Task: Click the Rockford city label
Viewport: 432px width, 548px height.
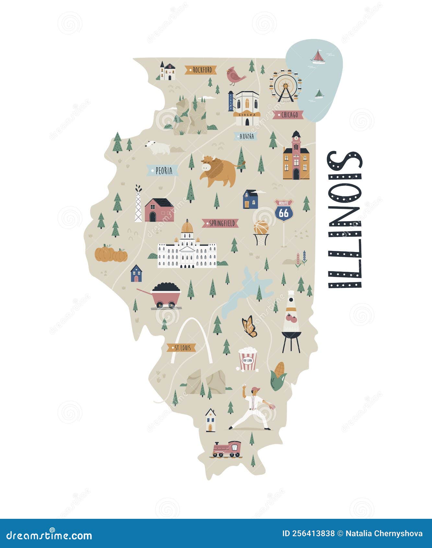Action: point(201,70)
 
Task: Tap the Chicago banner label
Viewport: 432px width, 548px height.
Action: point(288,114)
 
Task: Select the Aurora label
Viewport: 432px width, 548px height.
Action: point(246,136)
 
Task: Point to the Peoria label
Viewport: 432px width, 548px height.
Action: point(163,170)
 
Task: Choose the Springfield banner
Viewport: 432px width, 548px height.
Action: point(220,223)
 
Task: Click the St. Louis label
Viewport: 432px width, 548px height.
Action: point(181,348)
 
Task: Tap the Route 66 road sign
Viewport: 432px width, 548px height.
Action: point(284,210)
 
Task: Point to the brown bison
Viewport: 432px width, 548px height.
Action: point(219,171)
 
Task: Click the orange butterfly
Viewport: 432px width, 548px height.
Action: point(249,326)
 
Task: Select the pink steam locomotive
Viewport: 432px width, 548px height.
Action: point(227,449)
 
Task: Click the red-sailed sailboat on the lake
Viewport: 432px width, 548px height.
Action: point(318,57)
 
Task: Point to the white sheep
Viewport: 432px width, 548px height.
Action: point(157,148)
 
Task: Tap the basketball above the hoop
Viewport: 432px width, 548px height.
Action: point(261,227)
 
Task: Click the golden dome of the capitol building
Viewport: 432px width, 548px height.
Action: point(187,227)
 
